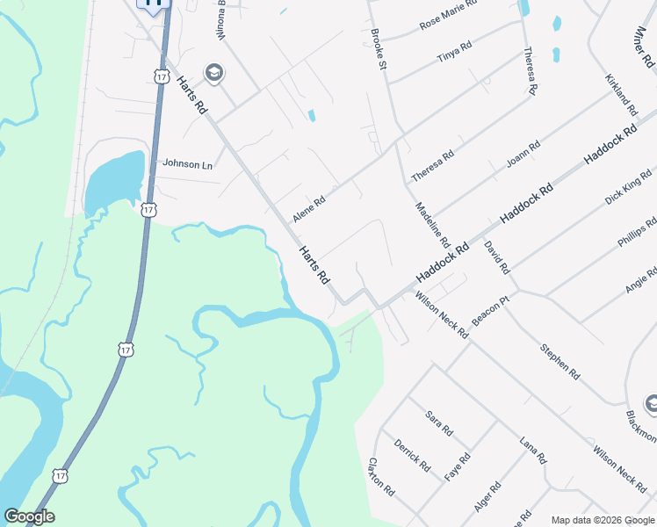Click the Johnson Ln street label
(188, 164)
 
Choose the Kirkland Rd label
(621, 94)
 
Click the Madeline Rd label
(431, 224)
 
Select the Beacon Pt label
(491, 310)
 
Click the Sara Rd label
(437, 423)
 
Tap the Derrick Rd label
(412, 454)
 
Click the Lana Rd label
(533, 450)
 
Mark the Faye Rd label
(457, 466)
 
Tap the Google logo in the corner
(29, 516)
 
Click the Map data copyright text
(603, 520)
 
